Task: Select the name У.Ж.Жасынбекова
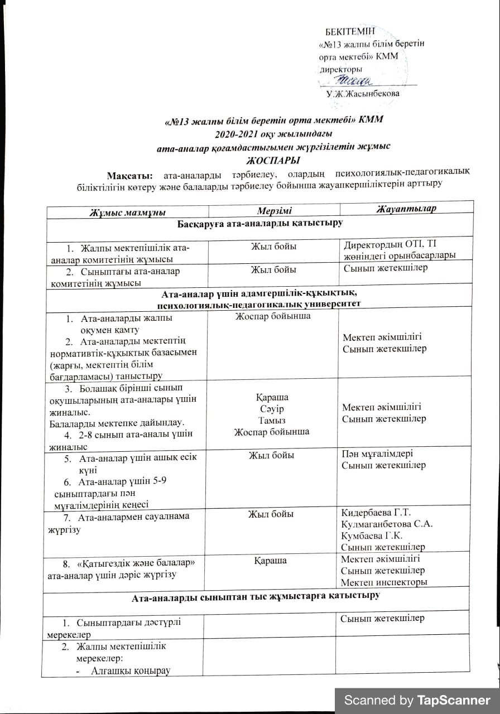tap(363, 94)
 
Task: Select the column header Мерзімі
tap(273, 210)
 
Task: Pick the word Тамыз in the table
tap(272, 420)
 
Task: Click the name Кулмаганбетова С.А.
tap(387, 524)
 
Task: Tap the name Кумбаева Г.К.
tap(374, 535)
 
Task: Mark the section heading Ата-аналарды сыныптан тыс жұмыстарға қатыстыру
tap(256, 596)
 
